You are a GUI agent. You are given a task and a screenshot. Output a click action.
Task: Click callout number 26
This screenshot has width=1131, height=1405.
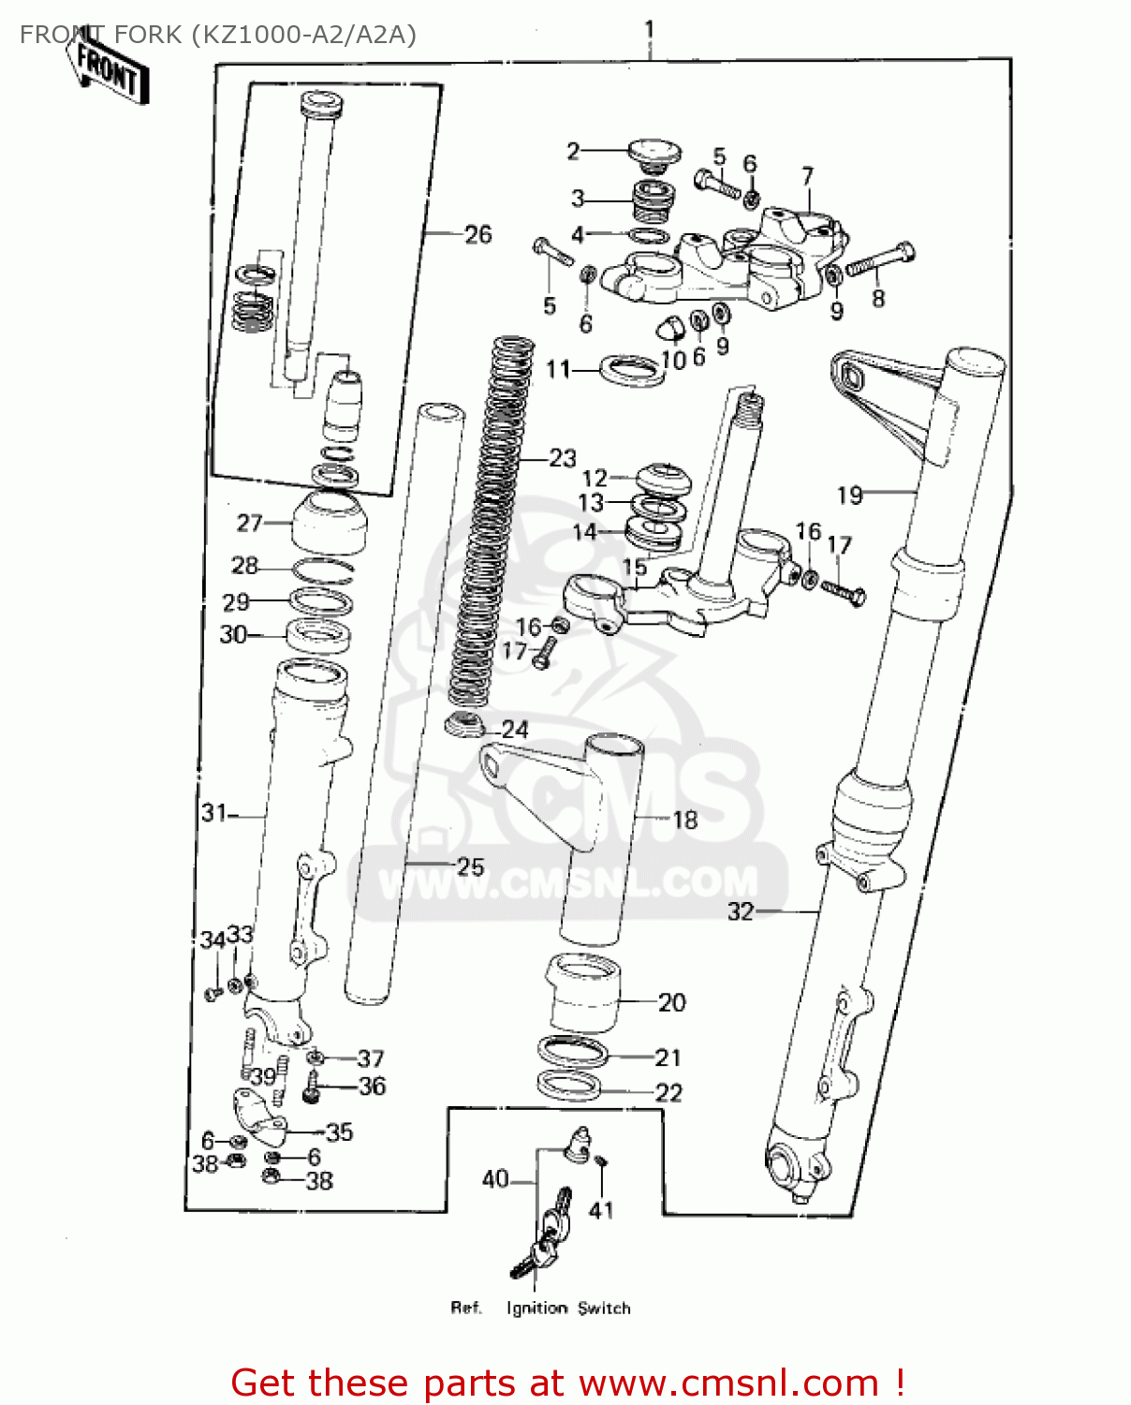[x=477, y=234]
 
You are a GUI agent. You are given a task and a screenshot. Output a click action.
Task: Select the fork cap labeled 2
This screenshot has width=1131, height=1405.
[x=653, y=152]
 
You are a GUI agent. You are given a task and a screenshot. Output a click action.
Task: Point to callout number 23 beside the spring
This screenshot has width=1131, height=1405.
[x=562, y=458]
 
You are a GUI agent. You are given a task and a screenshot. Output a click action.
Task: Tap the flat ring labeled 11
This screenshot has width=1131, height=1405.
[x=632, y=370]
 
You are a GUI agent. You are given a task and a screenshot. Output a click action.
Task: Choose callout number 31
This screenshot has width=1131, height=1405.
[x=213, y=813]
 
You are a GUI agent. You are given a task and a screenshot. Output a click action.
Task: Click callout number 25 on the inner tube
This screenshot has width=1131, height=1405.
[x=470, y=866]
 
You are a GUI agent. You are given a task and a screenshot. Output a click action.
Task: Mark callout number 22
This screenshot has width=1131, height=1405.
[x=668, y=1092]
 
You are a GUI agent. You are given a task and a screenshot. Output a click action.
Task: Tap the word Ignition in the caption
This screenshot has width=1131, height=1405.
[x=536, y=1309]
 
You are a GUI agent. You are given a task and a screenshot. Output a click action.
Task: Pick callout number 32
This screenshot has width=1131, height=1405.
[x=741, y=911]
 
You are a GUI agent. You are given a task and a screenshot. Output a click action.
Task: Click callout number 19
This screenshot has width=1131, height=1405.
[x=849, y=495]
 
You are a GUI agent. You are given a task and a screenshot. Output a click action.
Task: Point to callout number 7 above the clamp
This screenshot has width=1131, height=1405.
[x=807, y=177]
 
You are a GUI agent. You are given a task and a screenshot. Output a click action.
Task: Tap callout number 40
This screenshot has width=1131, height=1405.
[x=495, y=1179]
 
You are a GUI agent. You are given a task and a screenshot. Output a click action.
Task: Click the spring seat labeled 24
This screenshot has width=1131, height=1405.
[x=463, y=724]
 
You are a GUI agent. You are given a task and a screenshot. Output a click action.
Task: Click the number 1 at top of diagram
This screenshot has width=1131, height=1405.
[x=649, y=31]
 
